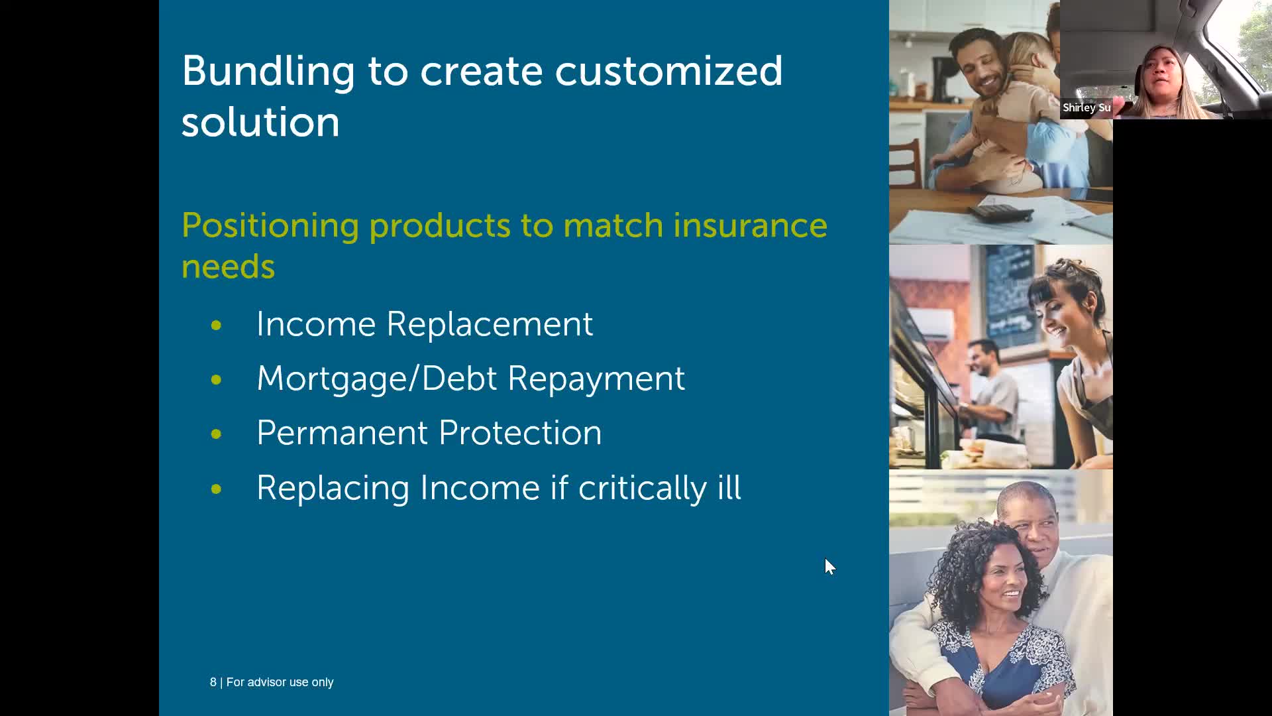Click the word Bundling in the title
click(x=268, y=72)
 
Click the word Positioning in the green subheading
click(x=270, y=227)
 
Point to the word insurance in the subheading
click(x=750, y=225)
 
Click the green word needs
click(x=228, y=267)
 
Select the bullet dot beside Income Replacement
click(x=216, y=325)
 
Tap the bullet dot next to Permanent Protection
click(x=216, y=434)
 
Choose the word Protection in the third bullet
click(x=520, y=433)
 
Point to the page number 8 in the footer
click(x=213, y=682)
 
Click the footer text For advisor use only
click(x=280, y=682)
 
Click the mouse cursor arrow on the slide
click(x=830, y=566)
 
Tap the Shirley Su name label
click(x=1086, y=107)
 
